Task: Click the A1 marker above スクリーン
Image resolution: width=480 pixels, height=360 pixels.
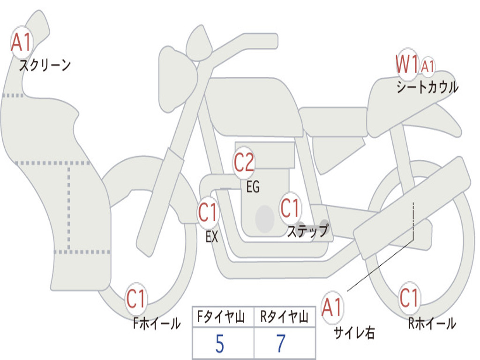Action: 22,42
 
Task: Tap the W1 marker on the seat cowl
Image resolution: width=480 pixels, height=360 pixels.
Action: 407,64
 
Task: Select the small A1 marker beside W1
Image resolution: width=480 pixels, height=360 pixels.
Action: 427,66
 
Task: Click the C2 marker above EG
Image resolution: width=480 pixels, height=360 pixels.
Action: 244,163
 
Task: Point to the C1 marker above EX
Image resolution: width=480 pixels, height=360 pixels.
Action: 208,212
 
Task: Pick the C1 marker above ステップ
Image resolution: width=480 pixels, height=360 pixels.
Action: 290,208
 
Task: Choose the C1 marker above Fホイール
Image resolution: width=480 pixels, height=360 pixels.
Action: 136,299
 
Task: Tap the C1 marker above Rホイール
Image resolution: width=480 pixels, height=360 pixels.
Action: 409,298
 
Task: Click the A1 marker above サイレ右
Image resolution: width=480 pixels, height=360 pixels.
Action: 332,307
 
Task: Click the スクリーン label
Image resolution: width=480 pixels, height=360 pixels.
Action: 45,65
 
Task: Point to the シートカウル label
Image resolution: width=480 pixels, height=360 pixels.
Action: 427,87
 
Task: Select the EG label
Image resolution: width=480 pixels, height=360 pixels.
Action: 253,187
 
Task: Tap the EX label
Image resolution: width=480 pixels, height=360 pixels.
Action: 212,237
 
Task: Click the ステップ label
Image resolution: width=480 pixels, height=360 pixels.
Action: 307,231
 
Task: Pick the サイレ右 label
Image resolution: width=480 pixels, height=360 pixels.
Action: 354,332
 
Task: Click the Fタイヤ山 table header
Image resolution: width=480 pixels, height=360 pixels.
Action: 221,316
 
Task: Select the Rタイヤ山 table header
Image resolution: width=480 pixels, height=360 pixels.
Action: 284,316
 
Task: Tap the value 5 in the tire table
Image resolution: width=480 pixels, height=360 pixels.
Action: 220,344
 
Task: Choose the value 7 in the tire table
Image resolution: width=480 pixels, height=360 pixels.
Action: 281,344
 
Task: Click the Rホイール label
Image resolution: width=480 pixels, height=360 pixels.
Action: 432,323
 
